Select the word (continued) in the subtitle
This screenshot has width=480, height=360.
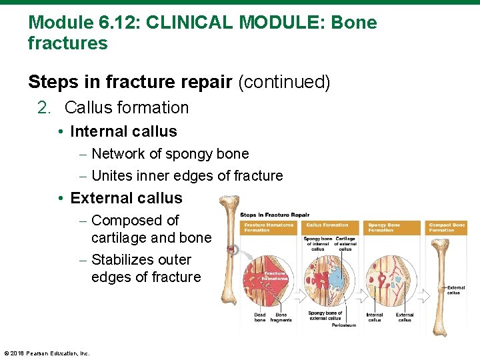click(x=284, y=82)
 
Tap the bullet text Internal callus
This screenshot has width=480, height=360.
click(x=123, y=131)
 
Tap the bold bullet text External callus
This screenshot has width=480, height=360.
click(x=126, y=198)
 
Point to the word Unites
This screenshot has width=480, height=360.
click(x=111, y=176)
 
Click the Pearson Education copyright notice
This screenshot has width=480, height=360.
click(x=47, y=353)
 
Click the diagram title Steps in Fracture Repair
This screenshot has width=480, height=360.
click(x=275, y=215)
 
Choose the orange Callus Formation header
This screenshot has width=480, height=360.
click(x=329, y=227)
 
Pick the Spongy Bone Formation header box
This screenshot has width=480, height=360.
click(x=392, y=227)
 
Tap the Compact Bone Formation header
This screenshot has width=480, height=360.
click(x=447, y=227)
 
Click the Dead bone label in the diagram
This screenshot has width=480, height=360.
click(x=260, y=317)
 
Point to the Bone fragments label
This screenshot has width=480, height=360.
click(x=281, y=317)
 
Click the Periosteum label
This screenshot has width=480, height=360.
click(x=343, y=325)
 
